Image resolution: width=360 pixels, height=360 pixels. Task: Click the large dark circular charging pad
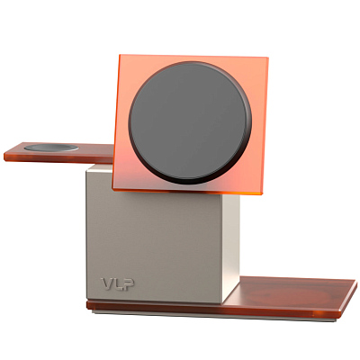[x=188, y=121]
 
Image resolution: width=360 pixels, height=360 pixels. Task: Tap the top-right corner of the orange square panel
[x=268, y=60]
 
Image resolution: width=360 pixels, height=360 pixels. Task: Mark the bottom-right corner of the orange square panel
[x=261, y=194]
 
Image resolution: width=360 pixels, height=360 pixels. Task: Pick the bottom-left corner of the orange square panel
[x=112, y=188]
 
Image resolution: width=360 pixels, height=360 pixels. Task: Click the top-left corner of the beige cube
[x=87, y=167]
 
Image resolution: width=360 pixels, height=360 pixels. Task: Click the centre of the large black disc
[x=188, y=121]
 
